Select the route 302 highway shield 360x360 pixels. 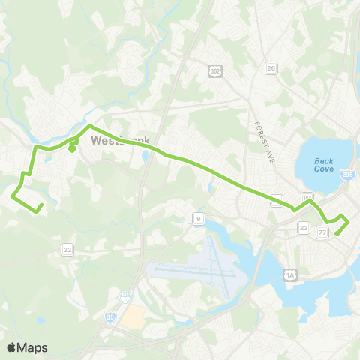point(214,69)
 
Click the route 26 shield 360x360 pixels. point(271,68)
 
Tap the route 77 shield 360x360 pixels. point(322,233)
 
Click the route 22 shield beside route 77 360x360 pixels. point(304,227)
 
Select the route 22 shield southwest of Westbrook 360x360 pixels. point(67,250)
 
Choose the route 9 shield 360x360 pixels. point(197,218)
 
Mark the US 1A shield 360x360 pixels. point(290,276)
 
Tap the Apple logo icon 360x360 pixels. point(12,347)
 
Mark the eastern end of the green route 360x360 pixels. point(336,233)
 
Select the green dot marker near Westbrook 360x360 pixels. point(71,148)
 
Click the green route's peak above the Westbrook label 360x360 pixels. point(91,126)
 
